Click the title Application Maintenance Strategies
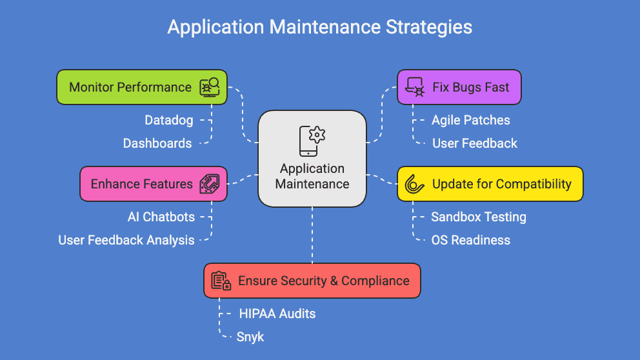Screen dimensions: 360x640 tap(319, 27)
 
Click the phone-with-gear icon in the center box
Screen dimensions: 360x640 tap(312, 141)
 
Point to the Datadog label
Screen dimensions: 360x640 tap(168, 120)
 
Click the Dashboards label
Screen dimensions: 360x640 tap(157, 143)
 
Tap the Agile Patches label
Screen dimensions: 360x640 tap(470, 120)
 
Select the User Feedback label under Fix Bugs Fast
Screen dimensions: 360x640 tap(474, 143)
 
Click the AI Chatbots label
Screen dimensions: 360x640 tap(161, 217)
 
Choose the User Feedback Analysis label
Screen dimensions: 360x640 tap(126, 240)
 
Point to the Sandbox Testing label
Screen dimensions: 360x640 tap(478, 217)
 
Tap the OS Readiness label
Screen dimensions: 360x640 tap(470, 240)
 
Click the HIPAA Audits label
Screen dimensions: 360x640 tap(277, 314)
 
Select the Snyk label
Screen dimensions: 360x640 tap(250, 337)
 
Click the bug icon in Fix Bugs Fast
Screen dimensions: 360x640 tap(414, 87)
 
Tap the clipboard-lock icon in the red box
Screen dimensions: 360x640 tap(221, 281)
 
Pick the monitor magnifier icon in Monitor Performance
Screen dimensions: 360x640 tap(210, 87)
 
